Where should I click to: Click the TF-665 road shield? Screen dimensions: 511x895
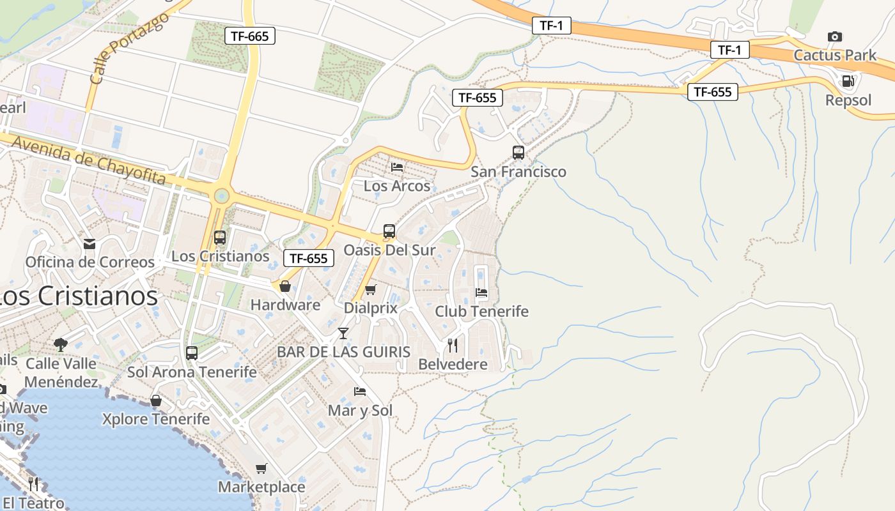point(249,36)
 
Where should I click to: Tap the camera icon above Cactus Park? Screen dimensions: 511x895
point(834,37)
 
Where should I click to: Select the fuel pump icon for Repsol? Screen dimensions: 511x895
point(848,81)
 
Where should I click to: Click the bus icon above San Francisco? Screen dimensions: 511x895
point(518,153)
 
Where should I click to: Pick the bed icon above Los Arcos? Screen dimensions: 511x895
point(397,167)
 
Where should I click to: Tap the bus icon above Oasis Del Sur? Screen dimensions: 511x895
point(389,231)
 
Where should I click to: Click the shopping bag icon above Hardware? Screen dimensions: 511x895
point(285,286)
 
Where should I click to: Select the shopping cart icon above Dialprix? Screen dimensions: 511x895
point(370,290)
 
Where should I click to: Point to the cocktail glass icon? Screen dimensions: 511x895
point(343,333)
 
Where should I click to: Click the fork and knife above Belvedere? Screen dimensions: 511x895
point(453,346)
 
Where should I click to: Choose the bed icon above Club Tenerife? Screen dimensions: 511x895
point(481,293)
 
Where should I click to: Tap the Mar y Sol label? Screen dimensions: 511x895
point(360,410)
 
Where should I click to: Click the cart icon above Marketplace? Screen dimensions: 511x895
point(261,469)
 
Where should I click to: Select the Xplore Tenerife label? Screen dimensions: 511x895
point(156,419)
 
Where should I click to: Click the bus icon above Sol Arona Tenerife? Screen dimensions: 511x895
point(191,353)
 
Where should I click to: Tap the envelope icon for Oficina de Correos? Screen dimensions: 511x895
point(89,243)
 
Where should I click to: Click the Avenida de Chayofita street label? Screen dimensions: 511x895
point(88,160)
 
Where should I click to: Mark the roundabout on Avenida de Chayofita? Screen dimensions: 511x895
point(221,195)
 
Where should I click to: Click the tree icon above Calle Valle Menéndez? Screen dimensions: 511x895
point(61,345)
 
